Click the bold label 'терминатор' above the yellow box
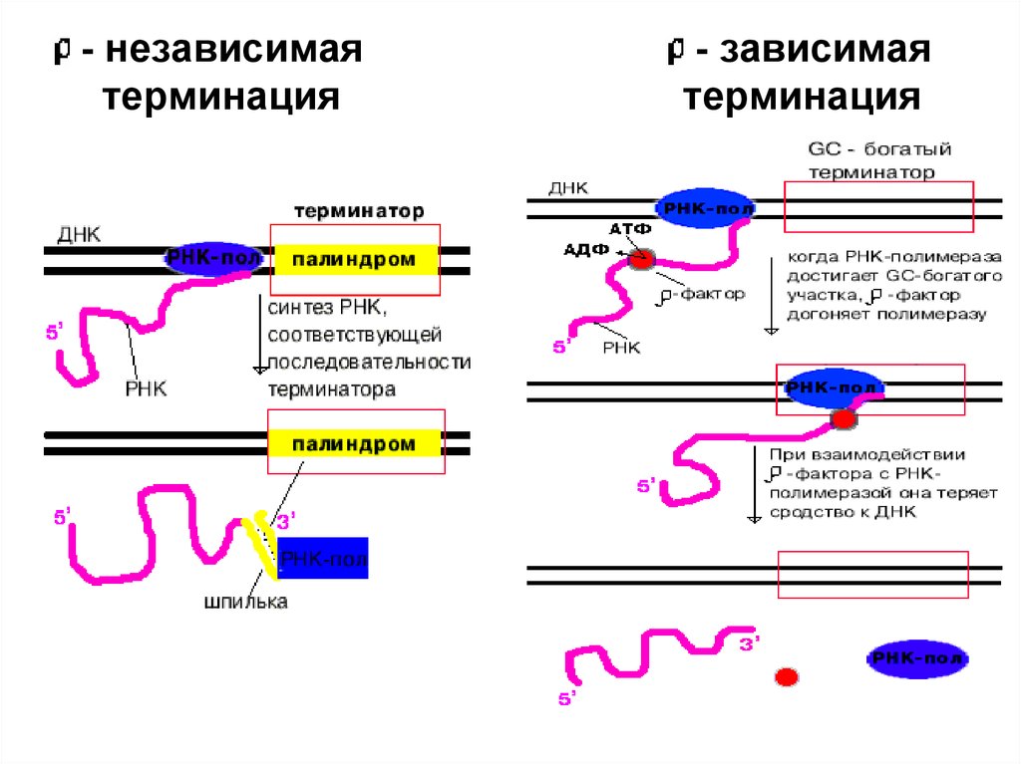359,212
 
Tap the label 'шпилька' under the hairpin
245,602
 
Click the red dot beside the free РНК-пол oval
787,677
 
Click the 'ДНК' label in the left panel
80,235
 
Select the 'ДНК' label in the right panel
568,187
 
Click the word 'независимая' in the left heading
235,52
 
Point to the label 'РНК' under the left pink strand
147,388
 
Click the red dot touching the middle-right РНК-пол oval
845,418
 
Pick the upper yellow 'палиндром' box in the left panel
354,260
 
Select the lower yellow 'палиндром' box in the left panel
354,443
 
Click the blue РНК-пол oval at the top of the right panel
705,208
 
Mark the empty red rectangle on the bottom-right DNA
872,575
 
